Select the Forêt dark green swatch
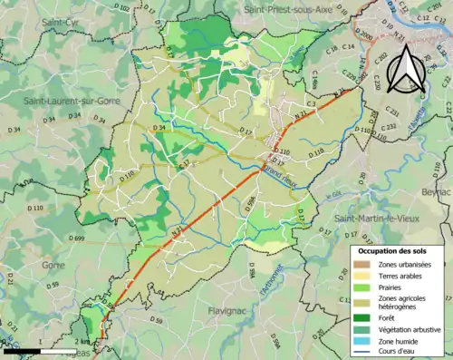[x=362, y=316]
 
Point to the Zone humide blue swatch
[x=362, y=342]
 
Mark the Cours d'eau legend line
[x=362, y=354]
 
